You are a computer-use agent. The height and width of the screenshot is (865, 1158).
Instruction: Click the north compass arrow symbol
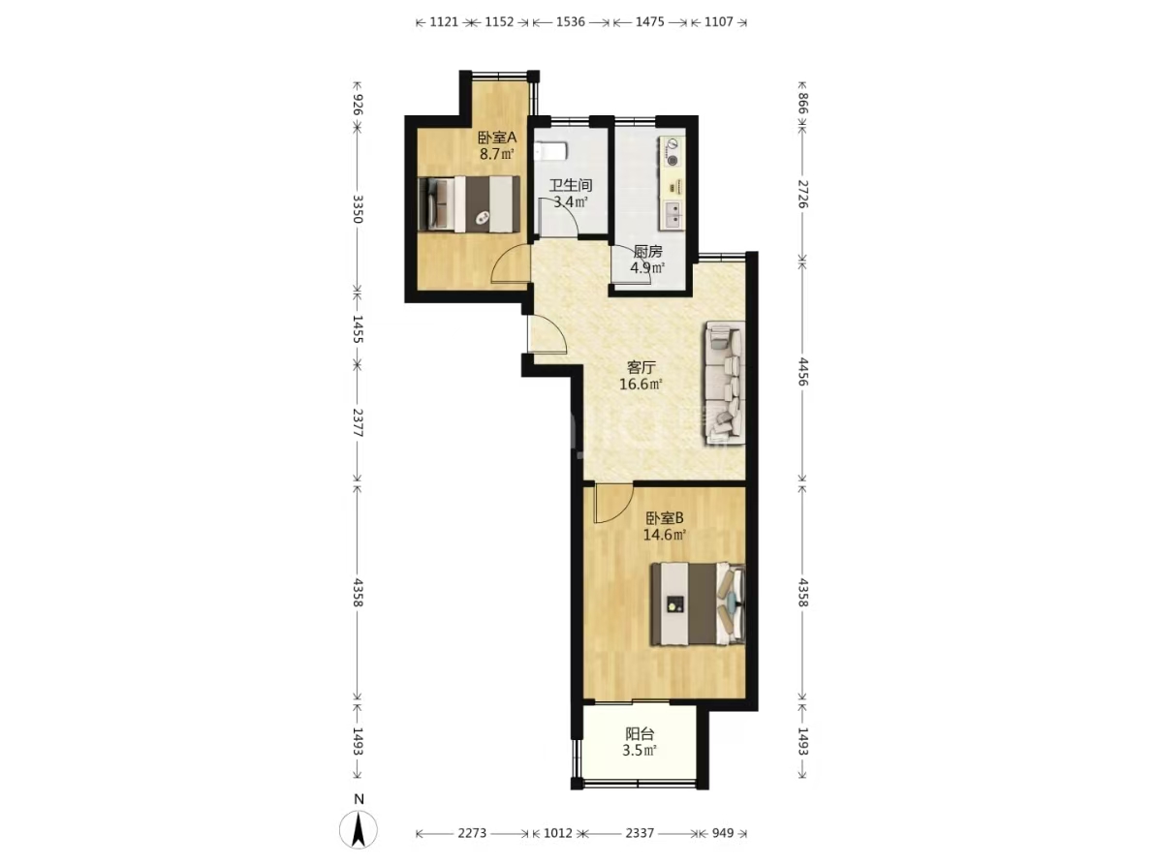click(x=359, y=829)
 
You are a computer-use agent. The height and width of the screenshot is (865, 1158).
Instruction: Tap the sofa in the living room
click(x=725, y=383)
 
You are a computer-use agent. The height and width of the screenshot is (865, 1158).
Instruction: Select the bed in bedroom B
click(x=697, y=603)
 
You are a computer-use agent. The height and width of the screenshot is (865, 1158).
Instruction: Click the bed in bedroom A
click(x=468, y=204)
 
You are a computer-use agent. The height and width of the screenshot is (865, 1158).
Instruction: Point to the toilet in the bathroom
click(x=551, y=151)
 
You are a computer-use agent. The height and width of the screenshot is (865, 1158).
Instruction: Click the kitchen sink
click(x=673, y=214)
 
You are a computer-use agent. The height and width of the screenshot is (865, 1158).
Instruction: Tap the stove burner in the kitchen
click(x=673, y=160)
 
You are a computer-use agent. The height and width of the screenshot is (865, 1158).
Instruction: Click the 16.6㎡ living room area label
click(x=641, y=384)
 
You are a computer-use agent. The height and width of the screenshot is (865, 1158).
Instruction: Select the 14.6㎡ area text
click(x=664, y=535)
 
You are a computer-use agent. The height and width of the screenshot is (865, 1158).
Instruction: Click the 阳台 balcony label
click(x=640, y=733)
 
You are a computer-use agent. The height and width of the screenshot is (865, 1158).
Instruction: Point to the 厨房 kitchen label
click(x=647, y=251)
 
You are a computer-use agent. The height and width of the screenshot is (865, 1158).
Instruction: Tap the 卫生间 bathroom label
click(x=570, y=184)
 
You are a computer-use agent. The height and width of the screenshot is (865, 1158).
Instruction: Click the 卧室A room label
click(x=496, y=138)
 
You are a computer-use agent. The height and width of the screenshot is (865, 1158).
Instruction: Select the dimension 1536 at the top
click(x=570, y=21)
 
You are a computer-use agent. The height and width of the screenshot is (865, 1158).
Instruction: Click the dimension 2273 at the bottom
click(x=472, y=832)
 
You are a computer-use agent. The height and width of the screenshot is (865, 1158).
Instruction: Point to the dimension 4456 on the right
click(x=803, y=372)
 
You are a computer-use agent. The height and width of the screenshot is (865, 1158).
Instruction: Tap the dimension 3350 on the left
click(x=358, y=209)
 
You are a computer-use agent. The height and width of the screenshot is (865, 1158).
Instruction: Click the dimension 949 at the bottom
click(x=722, y=832)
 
